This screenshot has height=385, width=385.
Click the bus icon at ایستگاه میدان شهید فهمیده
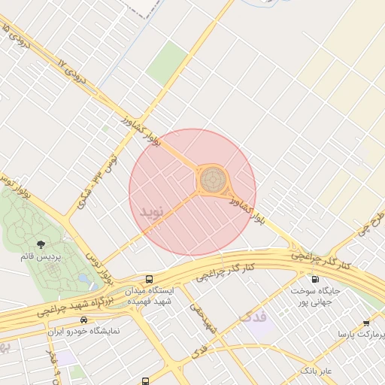point(149,279)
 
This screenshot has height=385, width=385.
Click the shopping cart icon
point(366,323)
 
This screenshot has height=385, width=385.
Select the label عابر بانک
point(316,371)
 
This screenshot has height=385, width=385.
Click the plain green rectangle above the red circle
point(167,62)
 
